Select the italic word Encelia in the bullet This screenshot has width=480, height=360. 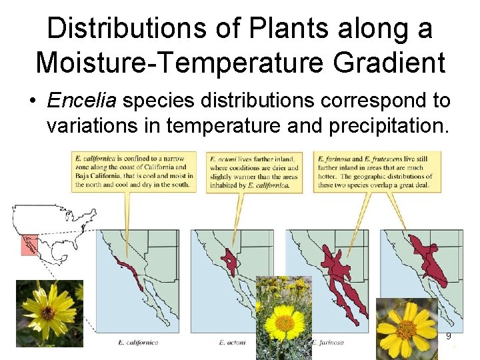pyautogui.click(x=81, y=101)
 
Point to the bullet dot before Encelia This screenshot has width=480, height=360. pyautogui.click(x=31, y=102)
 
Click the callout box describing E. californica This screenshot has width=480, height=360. pyautogui.click(x=134, y=171)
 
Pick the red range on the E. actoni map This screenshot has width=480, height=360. pyautogui.click(x=231, y=261)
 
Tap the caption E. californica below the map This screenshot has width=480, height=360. pyautogui.click(x=138, y=343)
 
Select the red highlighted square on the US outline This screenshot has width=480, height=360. pyautogui.click(x=29, y=245)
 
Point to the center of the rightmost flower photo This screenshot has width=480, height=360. pyautogui.click(x=406, y=328)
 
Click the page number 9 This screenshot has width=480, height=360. pyautogui.click(x=449, y=337)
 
